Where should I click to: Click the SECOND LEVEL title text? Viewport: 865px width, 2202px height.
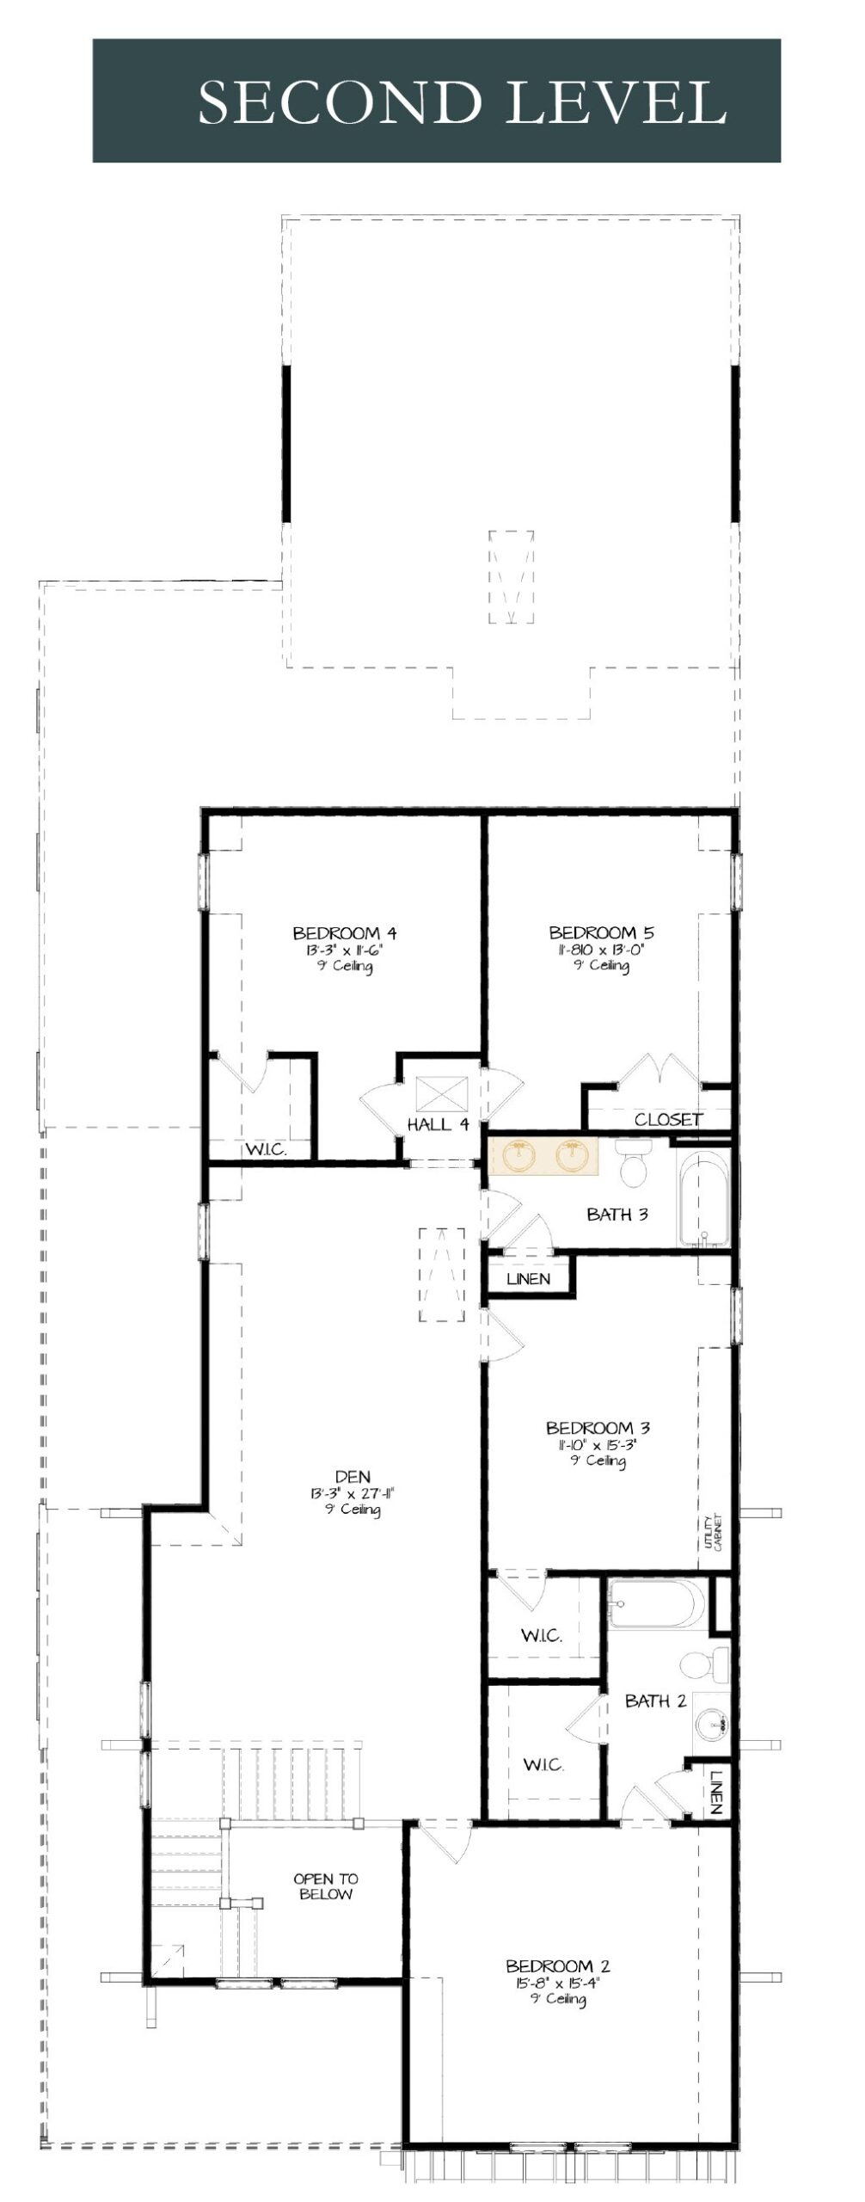point(463,102)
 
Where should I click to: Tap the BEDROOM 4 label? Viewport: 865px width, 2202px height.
point(344,933)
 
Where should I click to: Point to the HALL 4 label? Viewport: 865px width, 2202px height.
point(438,1123)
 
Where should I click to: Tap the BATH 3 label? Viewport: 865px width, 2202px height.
point(617,1215)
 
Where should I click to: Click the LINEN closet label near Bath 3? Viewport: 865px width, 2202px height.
point(528,1278)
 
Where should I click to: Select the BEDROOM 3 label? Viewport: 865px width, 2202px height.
point(598,1428)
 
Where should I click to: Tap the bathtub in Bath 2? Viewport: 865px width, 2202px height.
point(657,1604)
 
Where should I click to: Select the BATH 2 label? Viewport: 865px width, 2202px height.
point(655,1701)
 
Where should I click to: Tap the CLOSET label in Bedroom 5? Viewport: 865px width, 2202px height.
point(668,1119)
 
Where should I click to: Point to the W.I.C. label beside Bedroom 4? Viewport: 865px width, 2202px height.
point(266,1149)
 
